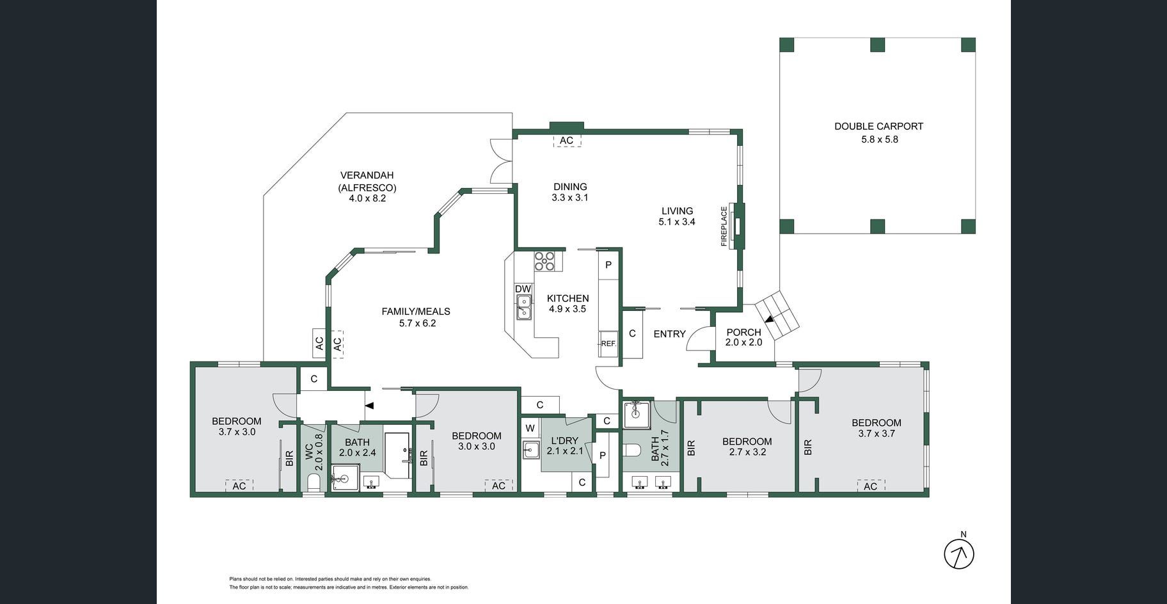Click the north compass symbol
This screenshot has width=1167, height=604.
coord(959,553)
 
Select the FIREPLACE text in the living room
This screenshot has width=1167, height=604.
coord(724,226)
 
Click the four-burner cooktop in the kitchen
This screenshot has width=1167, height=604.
coord(544,261)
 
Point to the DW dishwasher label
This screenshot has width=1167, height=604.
coord(523,289)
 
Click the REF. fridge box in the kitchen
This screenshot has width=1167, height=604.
coord(608,343)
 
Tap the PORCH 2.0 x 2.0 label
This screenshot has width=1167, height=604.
coord(743,337)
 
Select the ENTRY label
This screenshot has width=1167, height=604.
coord(669,333)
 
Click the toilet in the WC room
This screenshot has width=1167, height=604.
coord(314,482)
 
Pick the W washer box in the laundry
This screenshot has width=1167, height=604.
coord(530,428)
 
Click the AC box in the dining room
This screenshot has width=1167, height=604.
coord(567,141)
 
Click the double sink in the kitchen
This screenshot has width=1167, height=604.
coord(524,307)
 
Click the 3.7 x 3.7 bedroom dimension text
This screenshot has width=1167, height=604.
coord(877,433)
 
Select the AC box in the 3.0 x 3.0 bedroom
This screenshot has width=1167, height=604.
coord(498,486)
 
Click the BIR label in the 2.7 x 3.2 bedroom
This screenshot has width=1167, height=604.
coord(690,447)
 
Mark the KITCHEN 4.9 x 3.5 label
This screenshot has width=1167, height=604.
coord(568,303)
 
